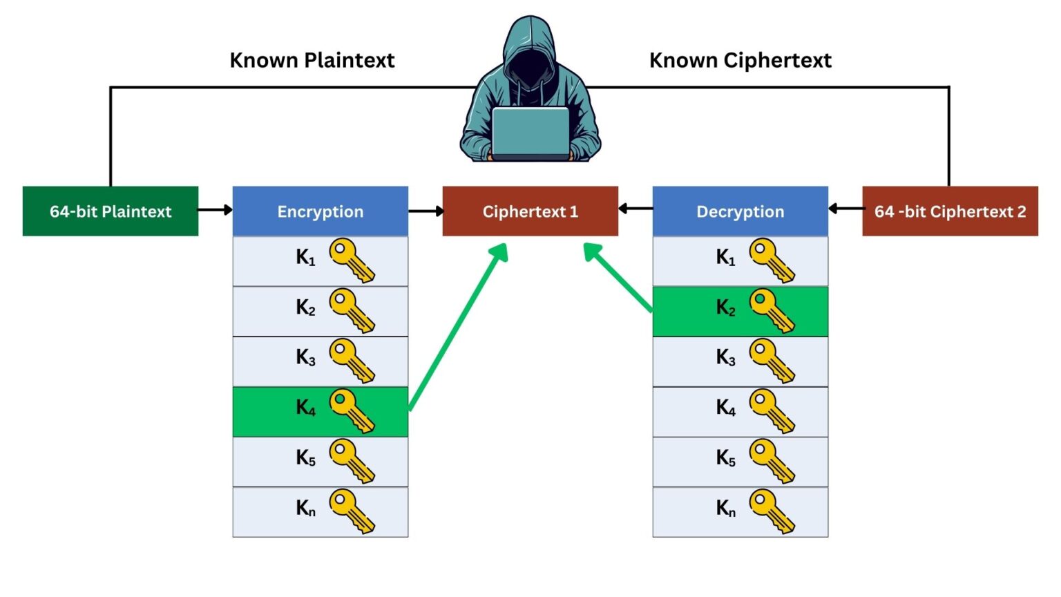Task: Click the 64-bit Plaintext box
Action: pos(111,211)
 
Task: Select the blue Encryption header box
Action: pos(321,211)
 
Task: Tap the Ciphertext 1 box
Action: pos(530,211)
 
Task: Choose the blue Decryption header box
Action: pos(740,211)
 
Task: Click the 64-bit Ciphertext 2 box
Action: pos(950,211)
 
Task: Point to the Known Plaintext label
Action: pos(312,61)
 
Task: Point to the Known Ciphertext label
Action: pos(740,61)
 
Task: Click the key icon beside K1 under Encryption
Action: pos(352,260)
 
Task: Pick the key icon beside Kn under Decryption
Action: pos(772,511)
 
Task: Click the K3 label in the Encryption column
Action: pos(305,358)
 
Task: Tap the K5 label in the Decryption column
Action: pos(725,458)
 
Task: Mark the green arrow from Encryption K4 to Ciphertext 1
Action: pos(458,328)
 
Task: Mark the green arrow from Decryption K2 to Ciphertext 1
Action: pos(618,277)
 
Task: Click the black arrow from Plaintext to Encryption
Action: pos(216,209)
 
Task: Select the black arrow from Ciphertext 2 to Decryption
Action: pos(845,209)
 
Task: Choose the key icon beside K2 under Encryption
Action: pos(352,310)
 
